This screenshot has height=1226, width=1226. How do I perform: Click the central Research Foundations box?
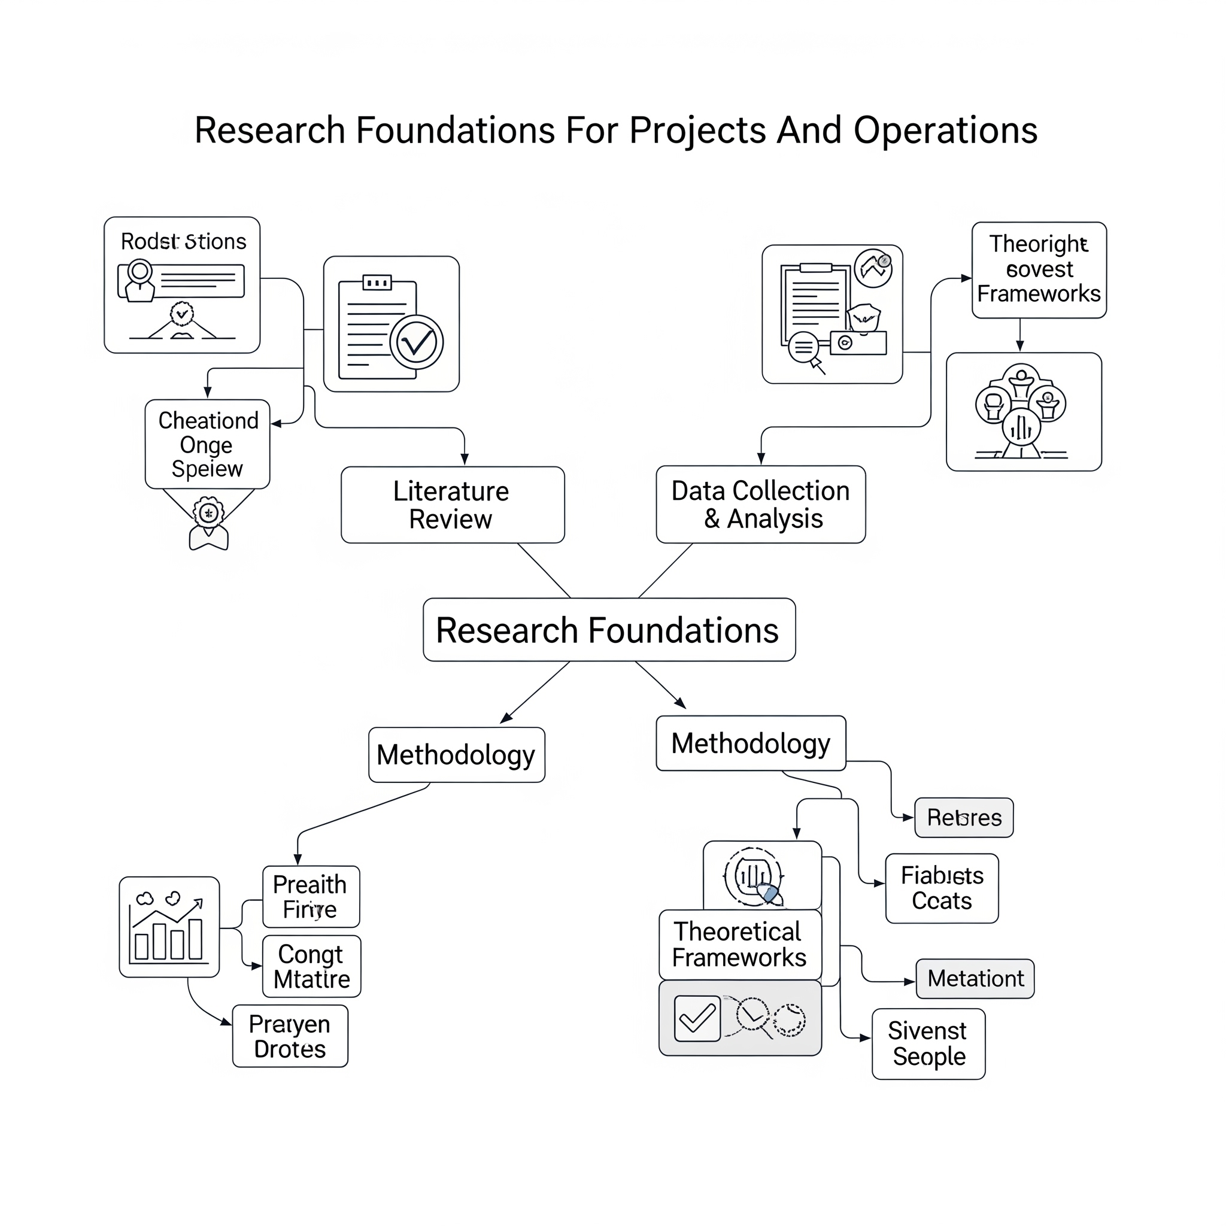[x=609, y=630]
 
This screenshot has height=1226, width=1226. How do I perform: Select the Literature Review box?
[x=452, y=505]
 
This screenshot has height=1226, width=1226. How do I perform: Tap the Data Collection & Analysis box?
[x=760, y=505]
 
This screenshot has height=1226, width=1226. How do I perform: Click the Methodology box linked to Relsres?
[x=751, y=743]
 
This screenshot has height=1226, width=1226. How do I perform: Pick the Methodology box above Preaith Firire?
[x=456, y=754]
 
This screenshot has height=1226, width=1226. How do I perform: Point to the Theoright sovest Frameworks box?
[x=1039, y=270]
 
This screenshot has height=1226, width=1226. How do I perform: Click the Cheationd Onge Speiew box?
[x=208, y=444]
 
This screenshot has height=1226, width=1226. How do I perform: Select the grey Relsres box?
[x=963, y=817]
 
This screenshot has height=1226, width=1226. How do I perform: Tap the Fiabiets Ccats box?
[x=942, y=888]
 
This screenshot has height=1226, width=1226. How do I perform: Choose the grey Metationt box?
[x=975, y=979]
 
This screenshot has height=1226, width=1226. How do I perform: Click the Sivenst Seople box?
[x=928, y=1044]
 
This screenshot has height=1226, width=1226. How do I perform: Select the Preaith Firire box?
[x=311, y=897]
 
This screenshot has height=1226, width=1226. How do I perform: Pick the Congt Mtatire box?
[x=311, y=966]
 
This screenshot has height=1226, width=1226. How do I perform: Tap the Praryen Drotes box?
[x=290, y=1036]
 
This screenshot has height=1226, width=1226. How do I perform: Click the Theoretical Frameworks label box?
[x=740, y=945]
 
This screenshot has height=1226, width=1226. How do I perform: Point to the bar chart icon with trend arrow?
[x=169, y=927]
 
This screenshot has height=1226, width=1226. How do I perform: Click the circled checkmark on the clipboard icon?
[x=416, y=342]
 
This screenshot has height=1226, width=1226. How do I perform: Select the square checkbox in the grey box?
[x=697, y=1018]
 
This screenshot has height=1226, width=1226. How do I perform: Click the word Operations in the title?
[x=945, y=131]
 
